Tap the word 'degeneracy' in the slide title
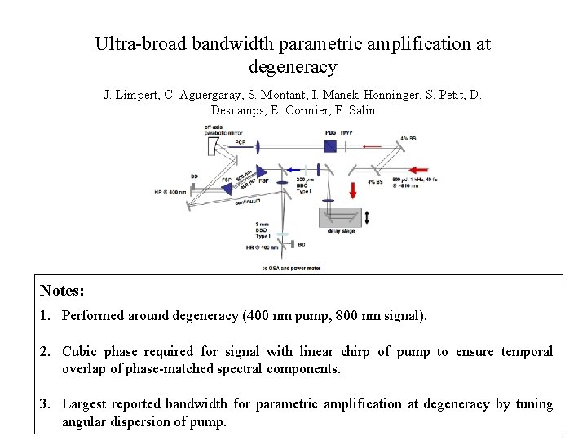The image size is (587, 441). (x=293, y=67)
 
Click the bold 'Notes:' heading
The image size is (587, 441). (x=62, y=291)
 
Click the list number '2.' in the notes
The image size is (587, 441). (x=46, y=352)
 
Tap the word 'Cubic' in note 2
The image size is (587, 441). (x=82, y=352)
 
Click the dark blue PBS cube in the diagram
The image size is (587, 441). (x=330, y=145)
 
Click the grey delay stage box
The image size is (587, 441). (x=342, y=218)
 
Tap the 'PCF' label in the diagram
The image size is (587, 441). (x=240, y=142)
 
